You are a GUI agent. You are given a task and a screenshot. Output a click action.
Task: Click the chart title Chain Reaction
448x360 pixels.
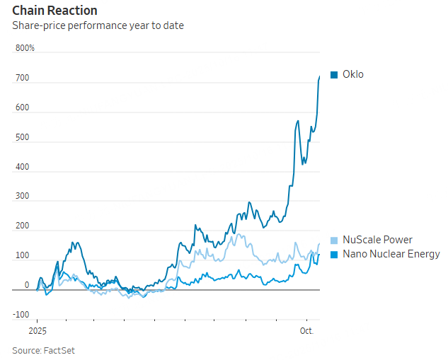(54, 11)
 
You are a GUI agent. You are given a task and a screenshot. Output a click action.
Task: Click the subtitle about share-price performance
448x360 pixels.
(98, 26)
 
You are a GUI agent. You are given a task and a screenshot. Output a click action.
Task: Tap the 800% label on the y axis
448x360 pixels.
(25, 48)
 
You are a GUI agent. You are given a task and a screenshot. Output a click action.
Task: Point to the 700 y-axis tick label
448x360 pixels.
(22, 78)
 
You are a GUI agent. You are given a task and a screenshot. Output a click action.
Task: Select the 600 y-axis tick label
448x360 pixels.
(22, 108)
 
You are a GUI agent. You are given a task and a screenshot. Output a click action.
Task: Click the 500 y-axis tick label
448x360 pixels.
(22, 137)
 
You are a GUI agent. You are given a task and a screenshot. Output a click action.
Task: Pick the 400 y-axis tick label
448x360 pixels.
(22, 167)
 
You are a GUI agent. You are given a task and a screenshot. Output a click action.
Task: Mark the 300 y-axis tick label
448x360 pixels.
(22, 197)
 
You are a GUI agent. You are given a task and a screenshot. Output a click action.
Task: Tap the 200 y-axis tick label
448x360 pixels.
(22, 226)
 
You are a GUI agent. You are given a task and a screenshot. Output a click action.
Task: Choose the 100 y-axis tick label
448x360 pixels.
(22, 256)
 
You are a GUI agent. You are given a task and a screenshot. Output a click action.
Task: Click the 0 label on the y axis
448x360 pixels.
(27, 285)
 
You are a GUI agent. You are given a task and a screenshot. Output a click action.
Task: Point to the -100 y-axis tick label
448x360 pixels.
(21, 315)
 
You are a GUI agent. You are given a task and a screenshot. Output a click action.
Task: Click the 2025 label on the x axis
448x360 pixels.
(37, 330)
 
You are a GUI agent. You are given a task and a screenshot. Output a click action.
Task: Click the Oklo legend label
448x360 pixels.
(353, 74)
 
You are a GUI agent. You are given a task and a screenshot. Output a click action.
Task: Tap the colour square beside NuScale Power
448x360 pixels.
(334, 240)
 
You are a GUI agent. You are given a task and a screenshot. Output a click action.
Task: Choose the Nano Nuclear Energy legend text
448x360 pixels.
(391, 254)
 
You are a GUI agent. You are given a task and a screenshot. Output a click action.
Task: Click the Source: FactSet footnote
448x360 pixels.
(43, 350)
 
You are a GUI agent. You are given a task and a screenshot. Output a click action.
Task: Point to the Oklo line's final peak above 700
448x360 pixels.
(319, 76)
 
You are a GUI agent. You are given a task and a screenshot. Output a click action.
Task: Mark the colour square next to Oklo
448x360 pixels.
(334, 74)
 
